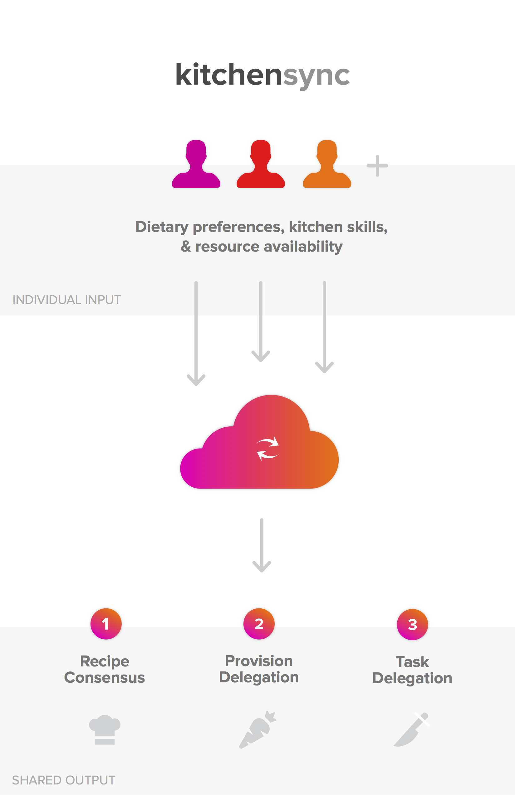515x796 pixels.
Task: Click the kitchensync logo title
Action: (262, 75)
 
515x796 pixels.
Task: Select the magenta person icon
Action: (196, 164)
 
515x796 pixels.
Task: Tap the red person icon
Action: (261, 164)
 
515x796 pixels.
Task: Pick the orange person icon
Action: (327, 164)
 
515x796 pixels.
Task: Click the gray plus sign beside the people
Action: (377, 165)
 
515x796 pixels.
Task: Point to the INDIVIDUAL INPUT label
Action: (66, 300)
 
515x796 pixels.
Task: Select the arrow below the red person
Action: (261, 322)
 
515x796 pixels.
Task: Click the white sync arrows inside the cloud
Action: (267, 449)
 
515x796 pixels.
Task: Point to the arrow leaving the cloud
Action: (262, 545)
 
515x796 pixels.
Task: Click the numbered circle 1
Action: (106, 624)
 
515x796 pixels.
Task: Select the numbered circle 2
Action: (259, 624)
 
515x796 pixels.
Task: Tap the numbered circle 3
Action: (412, 624)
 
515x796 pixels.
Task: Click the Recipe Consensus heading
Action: (105, 669)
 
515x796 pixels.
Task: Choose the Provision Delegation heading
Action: (259, 669)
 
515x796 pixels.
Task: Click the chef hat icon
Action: (105, 730)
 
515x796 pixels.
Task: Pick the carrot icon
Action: (258, 730)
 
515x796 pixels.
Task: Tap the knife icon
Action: (412, 730)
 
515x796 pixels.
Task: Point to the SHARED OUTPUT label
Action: (64, 780)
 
